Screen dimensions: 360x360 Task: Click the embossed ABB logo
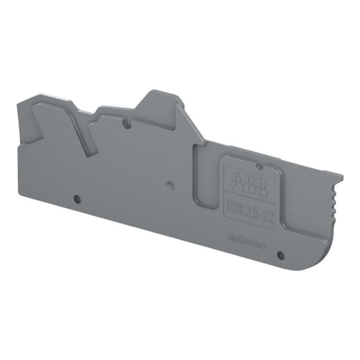pos(248,183)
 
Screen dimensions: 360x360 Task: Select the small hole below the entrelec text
pos(281,255)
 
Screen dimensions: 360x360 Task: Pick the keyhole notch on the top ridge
pos(127,124)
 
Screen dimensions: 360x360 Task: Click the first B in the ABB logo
pos(249,183)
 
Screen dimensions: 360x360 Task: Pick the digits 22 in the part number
pos(267,207)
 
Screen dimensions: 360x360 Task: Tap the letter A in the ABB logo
pos(236,180)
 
